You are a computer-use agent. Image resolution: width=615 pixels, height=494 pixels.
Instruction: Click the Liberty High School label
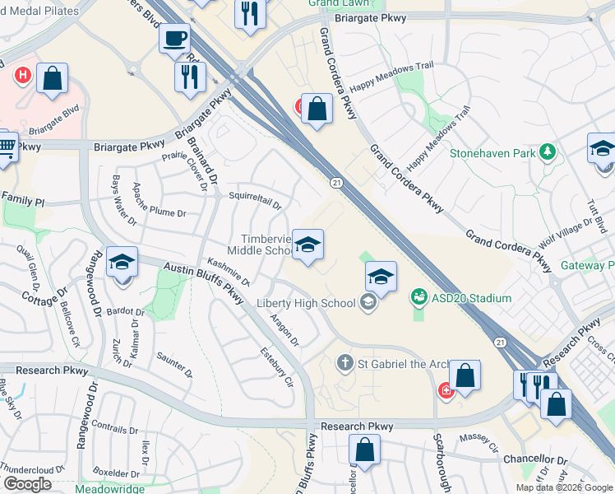[306, 303]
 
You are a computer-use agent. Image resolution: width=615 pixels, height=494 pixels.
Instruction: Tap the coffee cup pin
[174, 38]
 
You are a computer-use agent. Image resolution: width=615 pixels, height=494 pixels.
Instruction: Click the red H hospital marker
[23, 77]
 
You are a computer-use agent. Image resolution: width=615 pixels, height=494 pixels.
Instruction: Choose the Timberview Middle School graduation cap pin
[307, 245]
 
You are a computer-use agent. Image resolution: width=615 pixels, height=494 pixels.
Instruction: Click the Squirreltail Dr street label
[255, 196]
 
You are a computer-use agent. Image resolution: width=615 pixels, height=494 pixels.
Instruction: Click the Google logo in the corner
[27, 484]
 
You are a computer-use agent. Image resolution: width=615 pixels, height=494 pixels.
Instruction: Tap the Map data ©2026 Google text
[563, 487]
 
